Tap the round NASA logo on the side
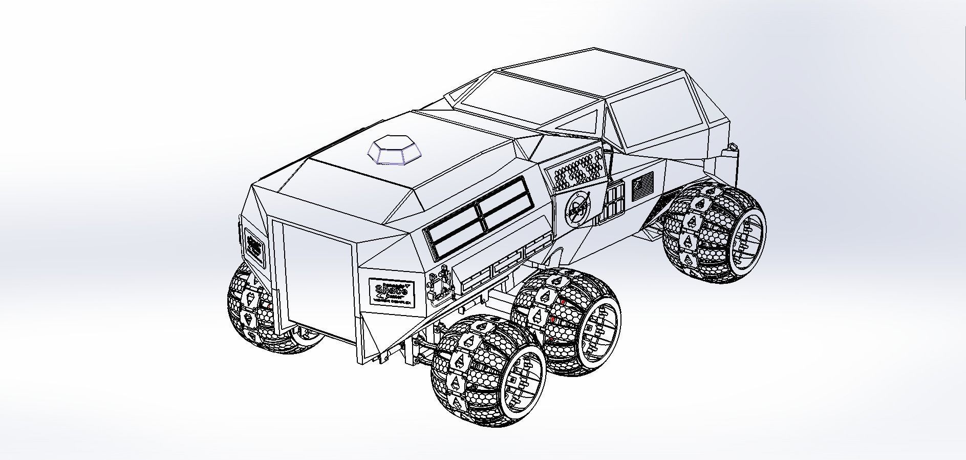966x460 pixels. pos(577,209)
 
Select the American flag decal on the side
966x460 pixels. pos(643,187)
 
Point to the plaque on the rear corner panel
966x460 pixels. pos(254,246)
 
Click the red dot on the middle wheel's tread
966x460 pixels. pos(562,302)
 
